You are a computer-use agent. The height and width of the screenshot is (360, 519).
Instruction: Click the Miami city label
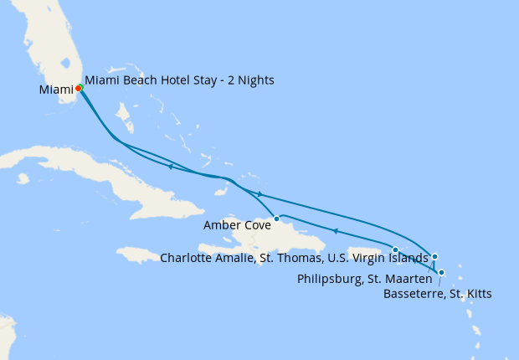click(x=55, y=90)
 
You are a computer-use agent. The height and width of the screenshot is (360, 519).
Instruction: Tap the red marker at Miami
click(x=78, y=88)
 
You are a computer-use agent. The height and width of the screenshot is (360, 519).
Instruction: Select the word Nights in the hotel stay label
click(x=254, y=80)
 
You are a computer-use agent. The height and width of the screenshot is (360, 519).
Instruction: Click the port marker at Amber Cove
click(x=276, y=219)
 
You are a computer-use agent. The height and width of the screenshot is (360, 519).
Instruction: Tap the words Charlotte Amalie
click(x=208, y=258)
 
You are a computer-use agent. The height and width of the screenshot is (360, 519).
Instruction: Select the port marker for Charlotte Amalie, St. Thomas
click(x=395, y=249)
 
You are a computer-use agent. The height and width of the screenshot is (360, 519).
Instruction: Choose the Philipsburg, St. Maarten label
click(x=364, y=278)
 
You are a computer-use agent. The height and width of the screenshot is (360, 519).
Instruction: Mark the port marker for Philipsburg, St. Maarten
click(x=434, y=256)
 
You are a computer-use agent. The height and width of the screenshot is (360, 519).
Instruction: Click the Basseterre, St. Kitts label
click(x=437, y=294)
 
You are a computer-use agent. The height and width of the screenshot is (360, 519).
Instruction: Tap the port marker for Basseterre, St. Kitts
click(x=441, y=272)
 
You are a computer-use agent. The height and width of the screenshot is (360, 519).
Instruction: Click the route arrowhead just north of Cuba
click(x=170, y=167)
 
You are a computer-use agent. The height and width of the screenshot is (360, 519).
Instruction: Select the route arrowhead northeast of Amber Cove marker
click(x=259, y=194)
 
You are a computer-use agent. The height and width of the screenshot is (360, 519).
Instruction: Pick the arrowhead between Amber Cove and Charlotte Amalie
click(x=334, y=231)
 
